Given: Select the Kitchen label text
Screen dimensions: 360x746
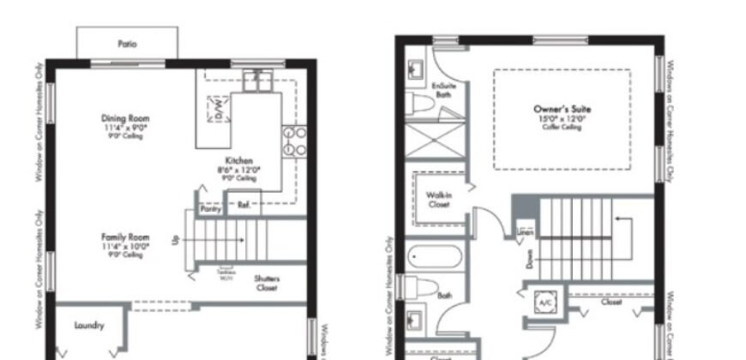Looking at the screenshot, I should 239,161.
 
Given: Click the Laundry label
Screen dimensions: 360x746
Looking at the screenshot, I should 89,326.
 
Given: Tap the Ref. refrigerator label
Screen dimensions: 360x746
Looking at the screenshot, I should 244,205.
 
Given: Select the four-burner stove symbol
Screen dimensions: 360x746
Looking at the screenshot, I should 296,140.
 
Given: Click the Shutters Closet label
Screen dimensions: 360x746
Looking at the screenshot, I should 267,284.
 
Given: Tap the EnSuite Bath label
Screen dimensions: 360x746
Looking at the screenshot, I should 442,90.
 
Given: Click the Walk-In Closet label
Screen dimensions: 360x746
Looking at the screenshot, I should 439,200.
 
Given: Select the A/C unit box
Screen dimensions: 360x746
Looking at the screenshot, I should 545,303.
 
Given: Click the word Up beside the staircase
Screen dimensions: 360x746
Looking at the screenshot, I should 177,241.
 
